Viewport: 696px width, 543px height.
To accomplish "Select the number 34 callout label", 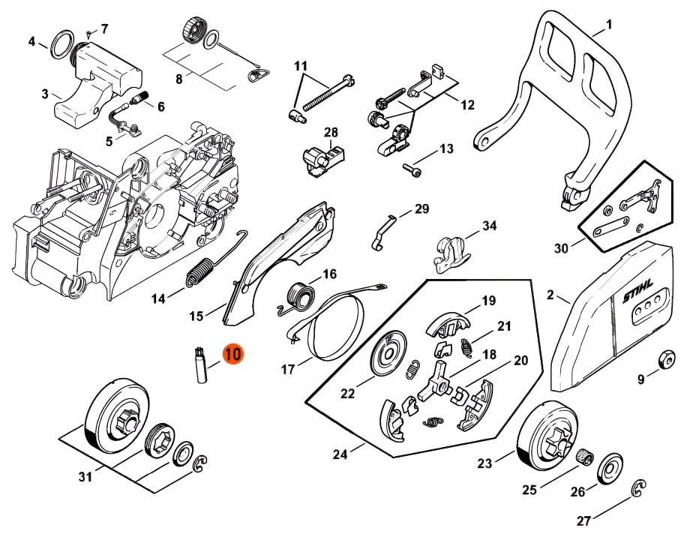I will tap(489, 226).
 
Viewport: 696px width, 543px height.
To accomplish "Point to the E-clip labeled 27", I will tap(638, 490).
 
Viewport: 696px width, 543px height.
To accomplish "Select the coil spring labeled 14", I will tap(198, 271).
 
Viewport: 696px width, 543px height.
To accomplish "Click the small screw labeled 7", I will tap(88, 33).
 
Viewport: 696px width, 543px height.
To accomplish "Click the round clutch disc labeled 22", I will tap(388, 352).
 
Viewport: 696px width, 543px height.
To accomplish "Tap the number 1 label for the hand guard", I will tap(609, 24).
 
